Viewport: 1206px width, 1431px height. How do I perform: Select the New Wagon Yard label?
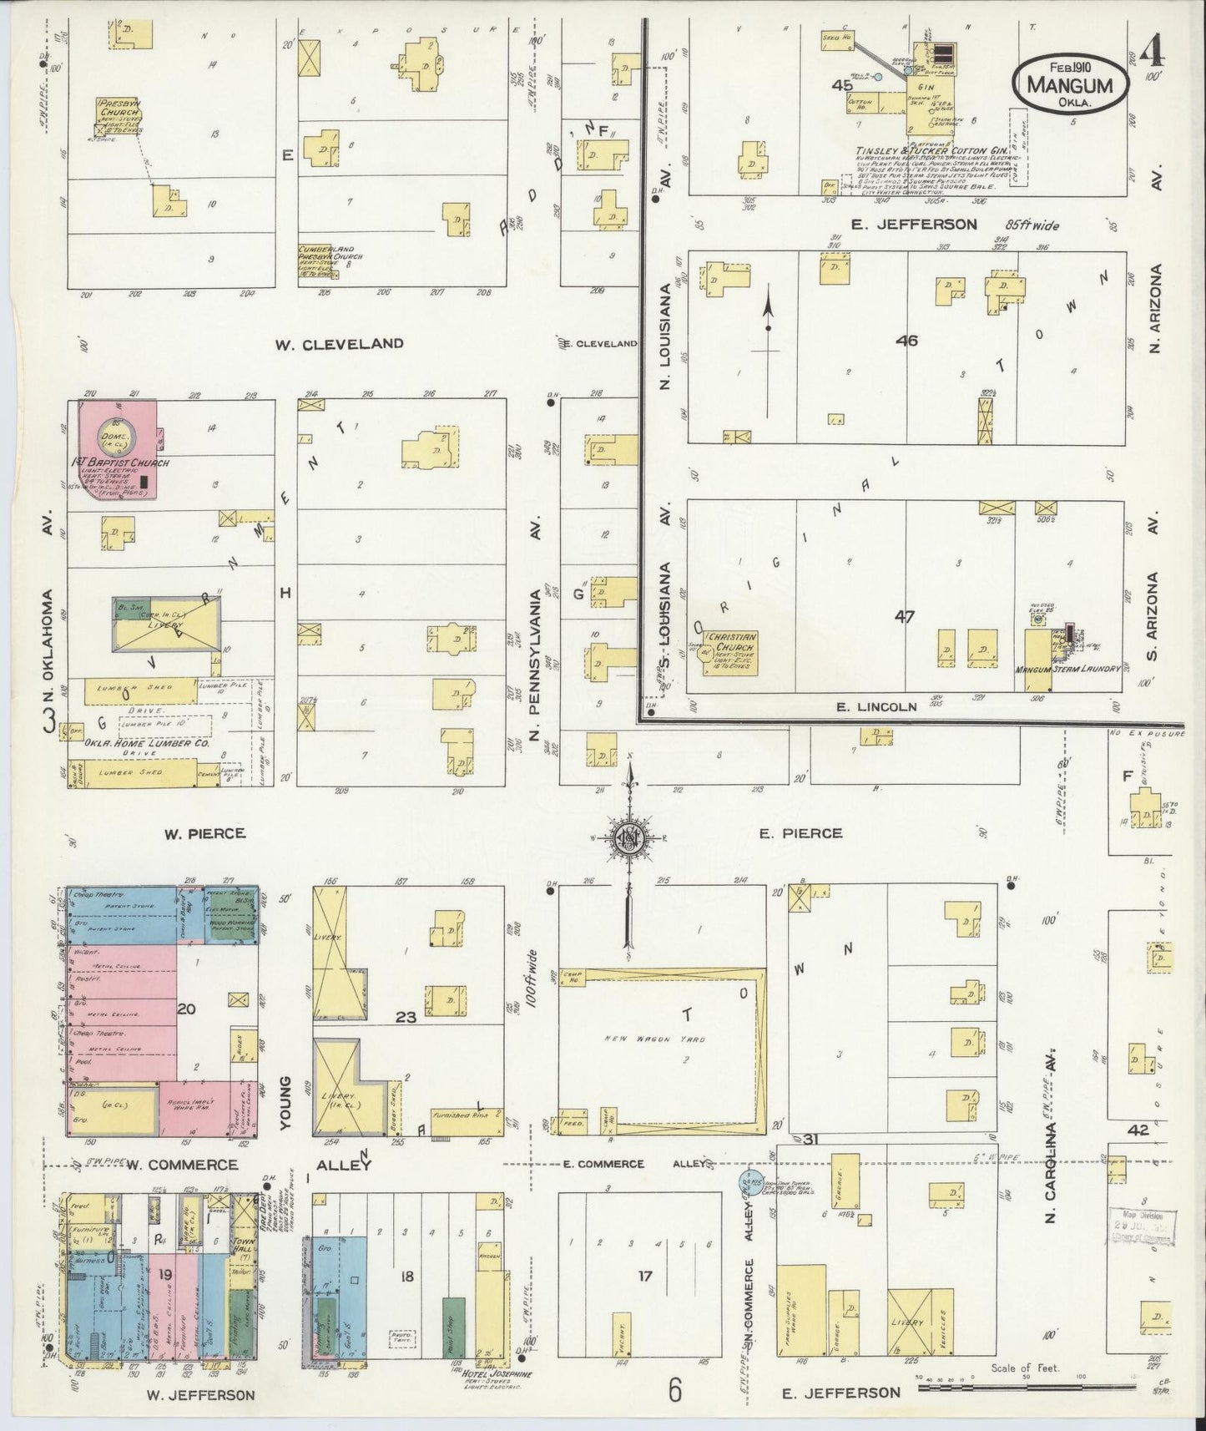tap(660, 1039)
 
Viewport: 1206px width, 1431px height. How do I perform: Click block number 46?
tap(906, 340)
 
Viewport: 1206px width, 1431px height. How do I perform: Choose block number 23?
tap(406, 1017)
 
